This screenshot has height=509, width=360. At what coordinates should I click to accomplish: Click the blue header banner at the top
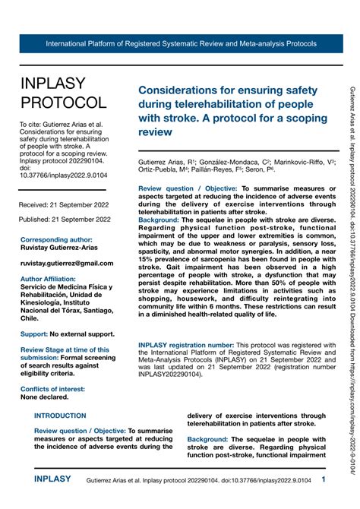click(180, 43)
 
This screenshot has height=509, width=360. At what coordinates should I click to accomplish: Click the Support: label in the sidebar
click(34, 334)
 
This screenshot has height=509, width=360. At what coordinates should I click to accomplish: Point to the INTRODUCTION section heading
click(61, 416)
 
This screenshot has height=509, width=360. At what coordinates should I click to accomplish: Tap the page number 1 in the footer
click(324, 480)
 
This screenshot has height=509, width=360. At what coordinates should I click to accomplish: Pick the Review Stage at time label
click(65, 349)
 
